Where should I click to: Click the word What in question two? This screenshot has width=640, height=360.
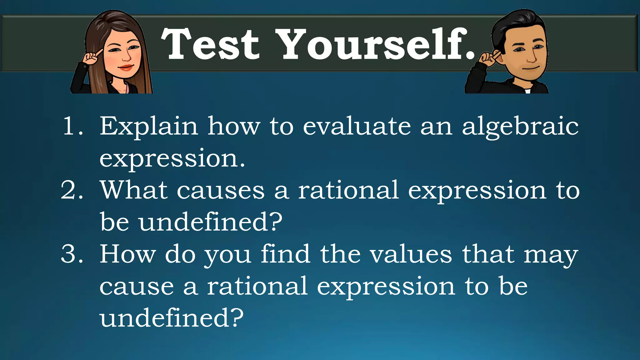coord(134,190)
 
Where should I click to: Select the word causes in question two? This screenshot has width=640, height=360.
coord(221,191)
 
